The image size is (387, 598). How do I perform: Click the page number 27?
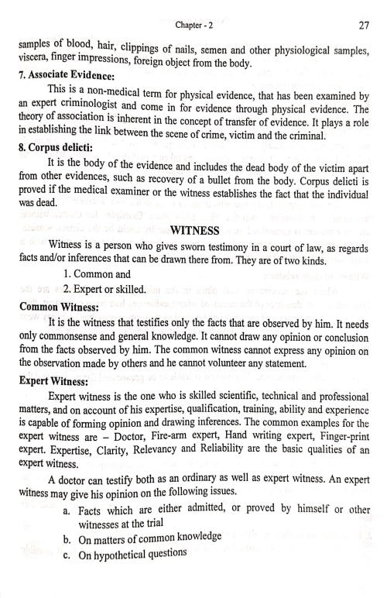363,26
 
